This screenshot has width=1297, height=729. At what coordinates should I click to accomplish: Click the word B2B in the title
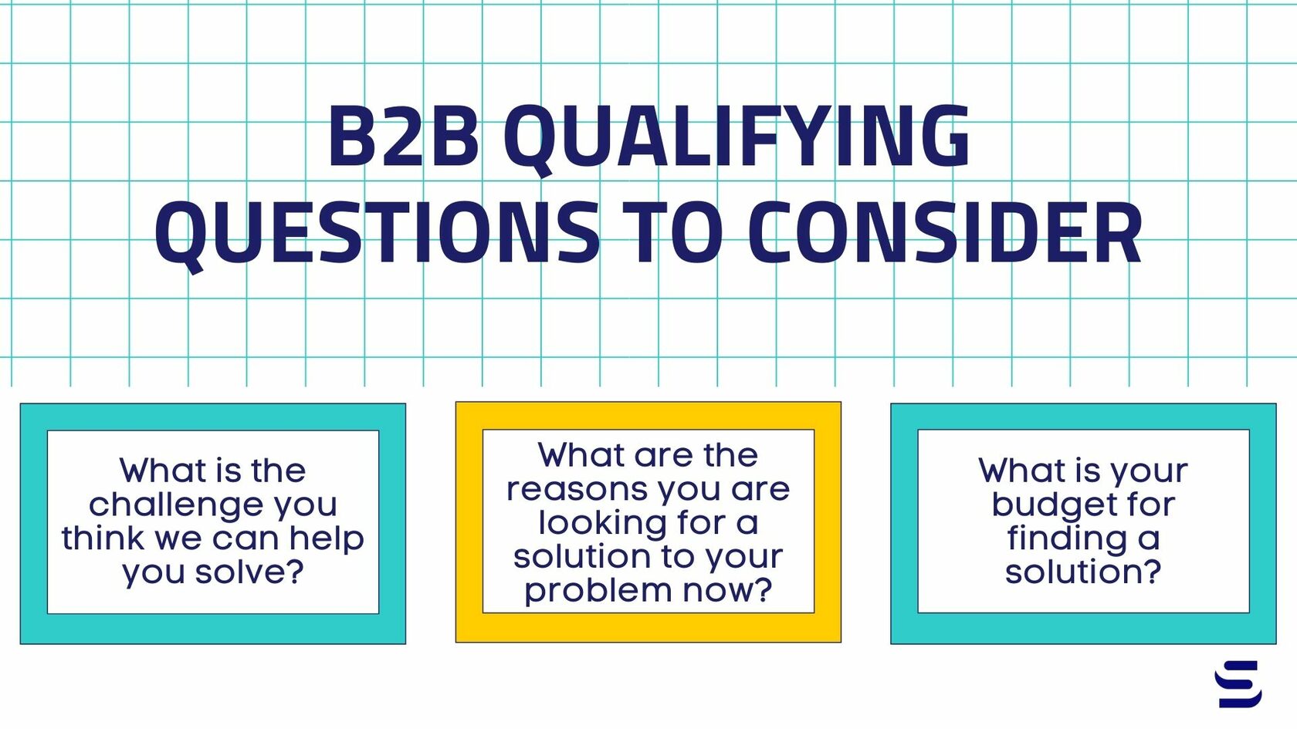pos(403,137)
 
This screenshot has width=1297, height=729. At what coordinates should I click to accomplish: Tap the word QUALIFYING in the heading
pos(737,137)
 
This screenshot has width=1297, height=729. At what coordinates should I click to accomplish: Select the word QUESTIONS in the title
pos(378,232)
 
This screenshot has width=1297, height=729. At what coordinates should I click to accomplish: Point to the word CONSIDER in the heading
pos(945,232)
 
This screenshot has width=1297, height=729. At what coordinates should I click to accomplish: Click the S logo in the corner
pos(1238,683)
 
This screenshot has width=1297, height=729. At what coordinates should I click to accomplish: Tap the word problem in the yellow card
pos(587,592)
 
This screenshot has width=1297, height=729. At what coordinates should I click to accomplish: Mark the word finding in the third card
pos(1068,538)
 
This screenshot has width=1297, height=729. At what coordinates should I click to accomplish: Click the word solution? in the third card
pos(1083,572)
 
